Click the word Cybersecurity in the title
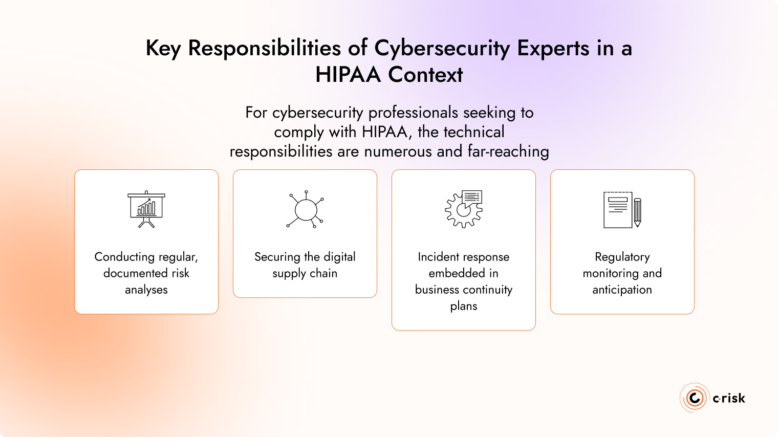point(442,48)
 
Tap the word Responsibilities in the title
point(264,48)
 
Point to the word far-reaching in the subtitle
point(508,151)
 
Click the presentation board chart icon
point(146,209)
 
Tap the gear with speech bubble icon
point(464,209)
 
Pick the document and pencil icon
point(622,210)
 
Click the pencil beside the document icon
point(637,212)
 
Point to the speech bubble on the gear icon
point(472,197)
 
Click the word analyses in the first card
point(146,290)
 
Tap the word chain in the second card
point(323,273)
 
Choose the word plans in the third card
point(464,306)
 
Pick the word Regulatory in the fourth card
point(622,257)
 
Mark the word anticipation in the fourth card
point(622,290)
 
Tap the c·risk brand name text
point(729,398)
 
